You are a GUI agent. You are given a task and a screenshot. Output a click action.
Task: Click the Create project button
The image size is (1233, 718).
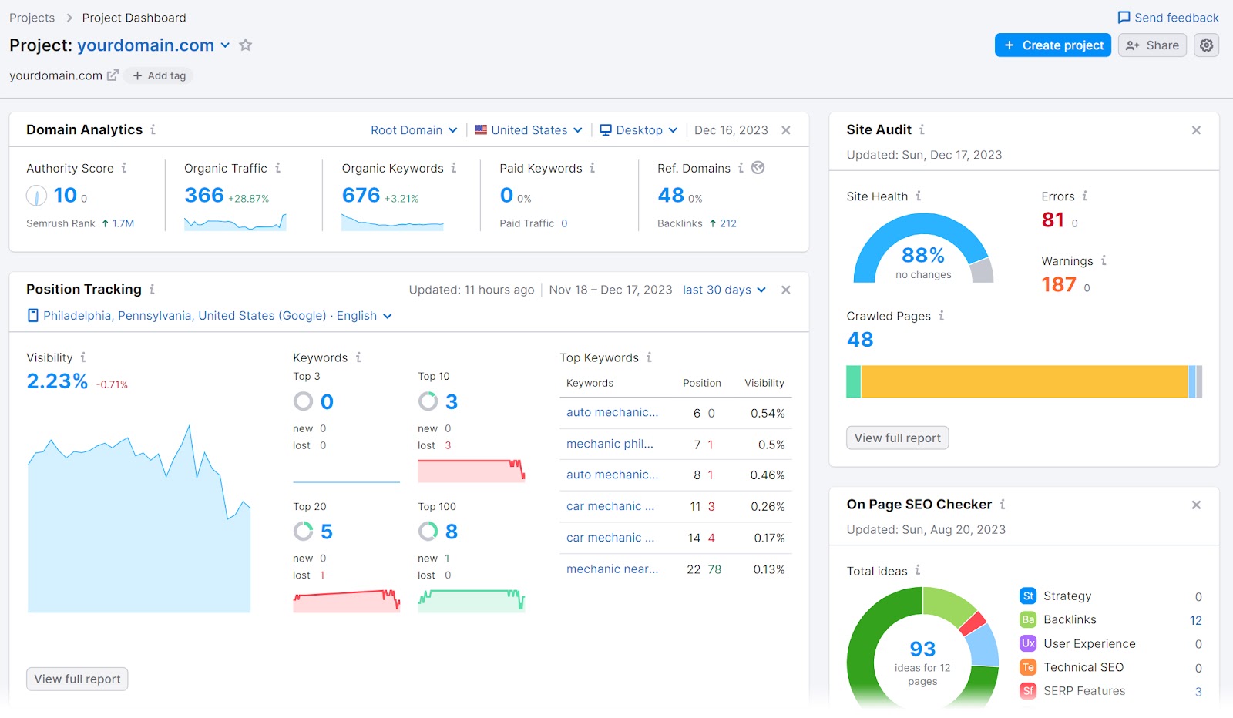pyautogui.click(x=1053, y=45)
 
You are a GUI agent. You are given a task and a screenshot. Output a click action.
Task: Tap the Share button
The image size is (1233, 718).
pyautogui.click(x=1152, y=45)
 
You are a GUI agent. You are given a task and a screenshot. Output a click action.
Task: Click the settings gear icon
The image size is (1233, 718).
pyautogui.click(x=1206, y=45)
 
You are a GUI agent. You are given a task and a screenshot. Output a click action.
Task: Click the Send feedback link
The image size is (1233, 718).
pyautogui.click(x=1168, y=18)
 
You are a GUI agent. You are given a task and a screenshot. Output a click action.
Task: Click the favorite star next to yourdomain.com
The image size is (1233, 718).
pyautogui.click(x=246, y=45)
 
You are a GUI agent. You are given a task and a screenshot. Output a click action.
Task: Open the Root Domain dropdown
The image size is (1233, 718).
pyautogui.click(x=414, y=130)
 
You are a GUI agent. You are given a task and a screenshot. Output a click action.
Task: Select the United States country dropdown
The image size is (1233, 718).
pyautogui.click(x=529, y=130)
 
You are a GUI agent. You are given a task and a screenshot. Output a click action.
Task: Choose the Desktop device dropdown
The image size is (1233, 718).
pyautogui.click(x=639, y=130)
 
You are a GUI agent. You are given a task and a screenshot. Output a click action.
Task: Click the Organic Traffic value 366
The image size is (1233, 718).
pyautogui.click(x=204, y=196)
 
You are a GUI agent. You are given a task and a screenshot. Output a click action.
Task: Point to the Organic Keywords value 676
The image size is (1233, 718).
pyautogui.click(x=361, y=196)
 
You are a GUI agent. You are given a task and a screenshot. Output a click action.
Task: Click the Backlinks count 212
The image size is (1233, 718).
pyautogui.click(x=727, y=223)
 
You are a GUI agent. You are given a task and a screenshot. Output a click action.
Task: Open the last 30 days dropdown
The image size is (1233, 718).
pyautogui.click(x=724, y=290)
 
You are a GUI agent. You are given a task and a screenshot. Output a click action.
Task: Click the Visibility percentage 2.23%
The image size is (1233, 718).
pyautogui.click(x=57, y=381)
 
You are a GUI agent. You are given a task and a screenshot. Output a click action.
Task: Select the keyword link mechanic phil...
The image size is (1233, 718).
pyautogui.click(x=610, y=444)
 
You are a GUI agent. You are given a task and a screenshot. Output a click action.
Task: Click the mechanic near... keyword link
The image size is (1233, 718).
pyautogui.click(x=612, y=569)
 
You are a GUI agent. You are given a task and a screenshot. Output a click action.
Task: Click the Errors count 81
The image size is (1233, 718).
pyautogui.click(x=1053, y=220)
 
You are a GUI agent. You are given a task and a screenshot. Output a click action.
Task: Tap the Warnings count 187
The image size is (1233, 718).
pyautogui.click(x=1058, y=285)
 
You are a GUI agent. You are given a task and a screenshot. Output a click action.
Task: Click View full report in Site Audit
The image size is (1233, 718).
pyautogui.click(x=897, y=438)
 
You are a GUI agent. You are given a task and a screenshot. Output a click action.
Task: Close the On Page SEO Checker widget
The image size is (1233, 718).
pyautogui.click(x=1196, y=505)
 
